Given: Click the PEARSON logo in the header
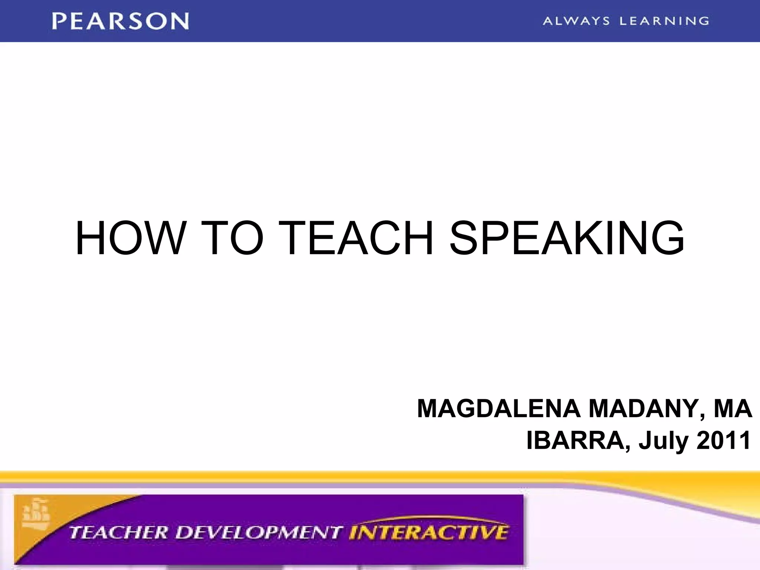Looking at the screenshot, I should click(x=121, y=21).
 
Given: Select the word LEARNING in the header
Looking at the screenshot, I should click(x=664, y=21).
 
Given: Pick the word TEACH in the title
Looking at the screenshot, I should click(x=356, y=238).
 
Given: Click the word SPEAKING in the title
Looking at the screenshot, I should click(x=567, y=238).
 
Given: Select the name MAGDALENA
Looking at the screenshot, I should click(x=499, y=409).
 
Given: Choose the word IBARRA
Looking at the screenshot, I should click(x=576, y=440).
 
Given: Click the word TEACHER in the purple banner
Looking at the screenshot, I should click(x=119, y=533).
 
